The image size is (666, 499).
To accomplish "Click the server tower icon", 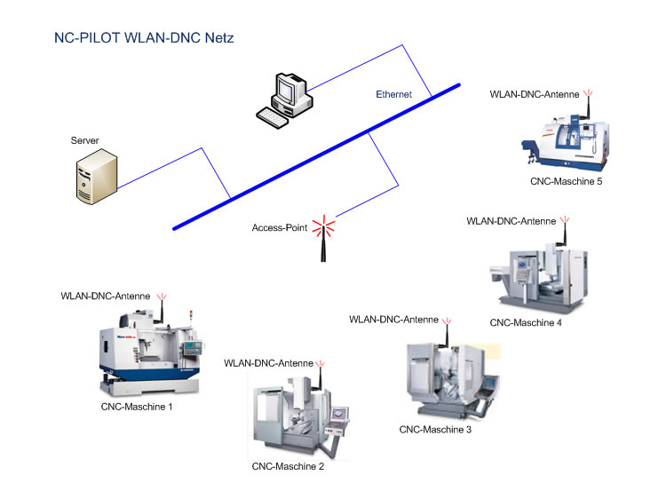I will (96, 175).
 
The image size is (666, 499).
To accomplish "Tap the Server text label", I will (84, 140).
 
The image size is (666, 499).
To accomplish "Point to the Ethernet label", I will (394, 94).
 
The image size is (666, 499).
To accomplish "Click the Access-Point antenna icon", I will (323, 238).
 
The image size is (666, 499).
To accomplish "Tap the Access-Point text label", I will (280, 228).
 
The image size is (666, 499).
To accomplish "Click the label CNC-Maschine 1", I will (137, 407).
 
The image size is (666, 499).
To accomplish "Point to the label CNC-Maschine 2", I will (288, 466).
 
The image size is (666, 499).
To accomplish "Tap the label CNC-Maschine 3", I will (435, 430).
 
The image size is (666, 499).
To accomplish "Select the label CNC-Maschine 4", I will (526, 322).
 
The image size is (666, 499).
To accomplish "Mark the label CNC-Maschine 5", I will (567, 182).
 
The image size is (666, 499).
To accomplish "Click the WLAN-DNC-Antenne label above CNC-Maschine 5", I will (535, 93).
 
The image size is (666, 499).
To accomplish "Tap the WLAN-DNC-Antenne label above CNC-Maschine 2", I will (268, 363).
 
